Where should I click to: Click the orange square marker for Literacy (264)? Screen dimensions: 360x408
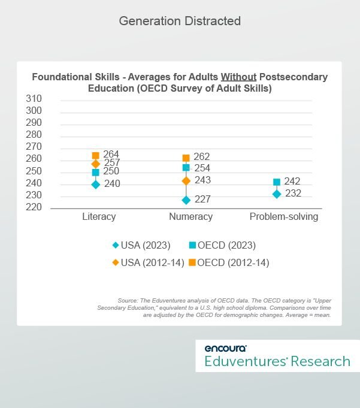(96, 156)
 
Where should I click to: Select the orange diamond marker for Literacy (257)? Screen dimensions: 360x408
(96, 164)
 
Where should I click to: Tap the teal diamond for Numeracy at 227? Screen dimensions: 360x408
(186, 200)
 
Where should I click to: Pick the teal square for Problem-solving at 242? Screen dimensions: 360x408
(277, 182)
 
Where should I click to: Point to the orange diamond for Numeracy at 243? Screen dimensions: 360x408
(186, 180)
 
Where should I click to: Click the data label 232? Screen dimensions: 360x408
(293, 193)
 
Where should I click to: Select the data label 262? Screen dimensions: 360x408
(202, 156)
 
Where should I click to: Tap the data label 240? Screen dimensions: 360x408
(112, 184)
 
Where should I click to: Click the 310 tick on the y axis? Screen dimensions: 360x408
(34, 99)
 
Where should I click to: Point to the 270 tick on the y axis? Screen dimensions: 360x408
(34, 147)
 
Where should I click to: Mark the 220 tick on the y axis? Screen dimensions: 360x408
(34, 207)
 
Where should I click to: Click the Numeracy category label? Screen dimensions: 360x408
(190, 216)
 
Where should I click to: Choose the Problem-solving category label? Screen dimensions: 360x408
(284, 216)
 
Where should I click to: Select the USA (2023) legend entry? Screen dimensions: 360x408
(141, 245)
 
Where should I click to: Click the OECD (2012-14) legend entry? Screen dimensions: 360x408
(229, 262)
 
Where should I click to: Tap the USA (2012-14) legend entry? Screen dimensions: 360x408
(149, 262)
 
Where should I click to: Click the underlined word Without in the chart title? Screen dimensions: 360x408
(238, 77)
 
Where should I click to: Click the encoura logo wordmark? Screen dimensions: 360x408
(225, 348)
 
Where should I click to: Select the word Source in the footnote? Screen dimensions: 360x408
(128, 301)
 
